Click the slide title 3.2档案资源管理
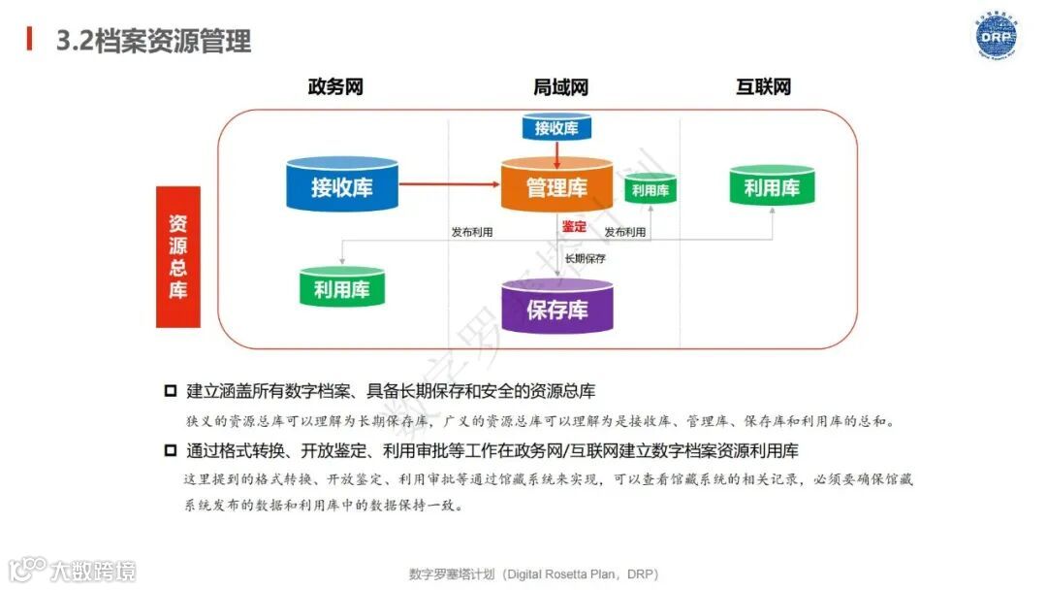[x=153, y=41]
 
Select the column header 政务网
[x=335, y=87]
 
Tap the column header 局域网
[x=560, y=87]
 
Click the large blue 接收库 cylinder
[x=342, y=184]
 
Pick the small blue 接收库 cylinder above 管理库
[x=556, y=127]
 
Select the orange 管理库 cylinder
[x=556, y=186]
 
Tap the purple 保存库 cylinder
[x=556, y=308]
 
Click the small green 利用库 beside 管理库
[x=650, y=189]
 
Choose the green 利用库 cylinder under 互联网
[x=772, y=187]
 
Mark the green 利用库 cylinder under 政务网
[x=341, y=287]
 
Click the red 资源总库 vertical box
[x=178, y=256]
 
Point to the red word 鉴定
[x=574, y=226]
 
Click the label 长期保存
[x=586, y=258]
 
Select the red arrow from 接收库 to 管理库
[x=449, y=183]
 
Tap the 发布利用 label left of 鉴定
[x=472, y=232]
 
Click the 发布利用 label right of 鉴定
[x=625, y=232]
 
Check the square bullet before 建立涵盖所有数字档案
[x=171, y=391]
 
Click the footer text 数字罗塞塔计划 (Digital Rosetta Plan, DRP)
[x=533, y=574]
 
